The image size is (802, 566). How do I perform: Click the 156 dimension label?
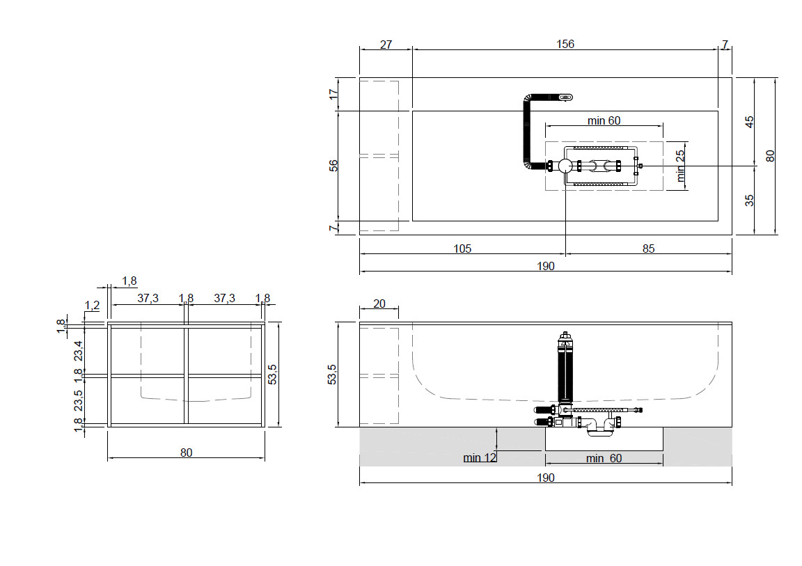pos(565,44)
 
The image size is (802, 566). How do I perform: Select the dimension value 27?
pos(386,45)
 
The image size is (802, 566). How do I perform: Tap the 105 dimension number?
pos(462,249)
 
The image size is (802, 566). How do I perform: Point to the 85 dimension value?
pos(649,249)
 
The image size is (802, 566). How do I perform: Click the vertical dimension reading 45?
pos(749,122)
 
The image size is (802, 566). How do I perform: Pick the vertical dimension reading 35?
pos(749,200)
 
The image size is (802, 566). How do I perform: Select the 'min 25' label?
pos(679,166)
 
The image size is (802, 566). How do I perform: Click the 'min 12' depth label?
pos(480,457)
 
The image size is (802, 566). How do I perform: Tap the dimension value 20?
pos(379,304)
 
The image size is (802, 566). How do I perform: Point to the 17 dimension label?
pos(333,94)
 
